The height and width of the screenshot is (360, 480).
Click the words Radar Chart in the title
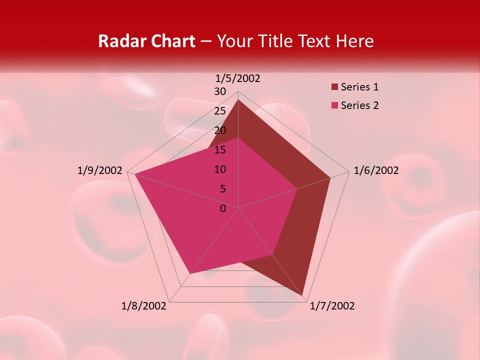(146, 41)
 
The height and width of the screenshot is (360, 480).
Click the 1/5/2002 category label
(237, 78)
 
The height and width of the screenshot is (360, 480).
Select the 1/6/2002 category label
(376, 170)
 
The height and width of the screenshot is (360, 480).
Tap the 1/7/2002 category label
(332, 306)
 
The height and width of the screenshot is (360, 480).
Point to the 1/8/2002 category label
(144, 306)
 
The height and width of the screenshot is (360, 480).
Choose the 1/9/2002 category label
(100, 170)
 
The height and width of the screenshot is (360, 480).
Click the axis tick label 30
(220, 91)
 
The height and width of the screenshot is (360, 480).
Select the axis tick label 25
(220, 111)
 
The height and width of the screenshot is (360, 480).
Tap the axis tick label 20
(220, 130)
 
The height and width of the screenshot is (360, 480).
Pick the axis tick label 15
(220, 150)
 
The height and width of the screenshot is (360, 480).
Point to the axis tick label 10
(220, 169)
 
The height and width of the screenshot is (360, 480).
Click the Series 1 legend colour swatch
(334, 87)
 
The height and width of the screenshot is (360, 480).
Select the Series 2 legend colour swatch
(334, 105)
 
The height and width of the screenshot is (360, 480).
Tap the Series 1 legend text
(359, 87)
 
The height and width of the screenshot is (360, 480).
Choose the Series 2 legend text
(359, 105)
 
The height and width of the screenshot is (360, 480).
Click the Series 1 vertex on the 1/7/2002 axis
(302, 295)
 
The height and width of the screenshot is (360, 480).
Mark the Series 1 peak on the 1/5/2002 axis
(238, 100)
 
